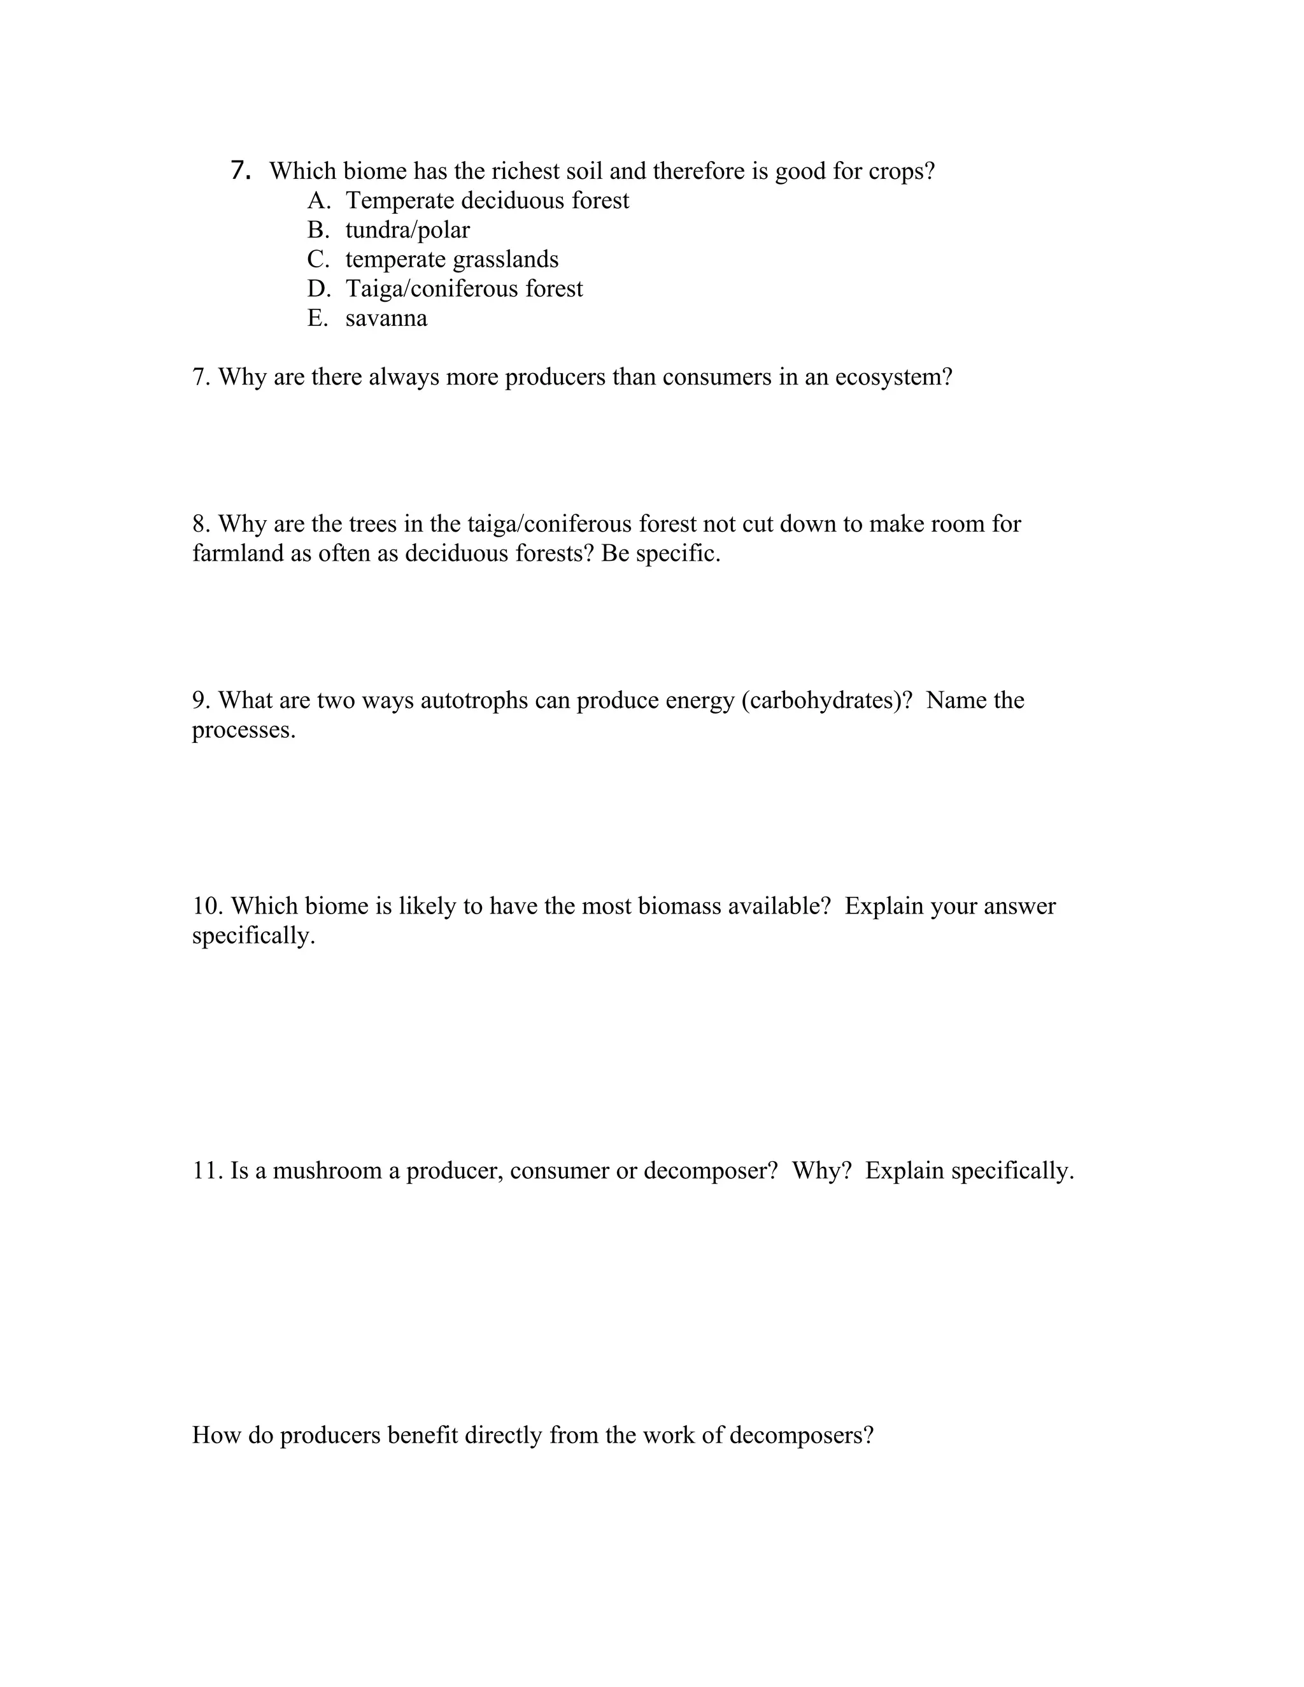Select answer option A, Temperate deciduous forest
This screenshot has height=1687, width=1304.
tap(486, 201)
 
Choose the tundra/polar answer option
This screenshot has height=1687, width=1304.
tap(407, 230)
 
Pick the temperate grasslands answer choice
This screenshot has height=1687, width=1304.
tap(451, 260)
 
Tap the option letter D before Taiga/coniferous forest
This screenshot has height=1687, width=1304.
tap(318, 289)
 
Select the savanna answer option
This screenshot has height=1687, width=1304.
tap(386, 318)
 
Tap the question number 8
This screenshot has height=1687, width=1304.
tap(200, 524)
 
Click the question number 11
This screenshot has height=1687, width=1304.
tap(207, 1170)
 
